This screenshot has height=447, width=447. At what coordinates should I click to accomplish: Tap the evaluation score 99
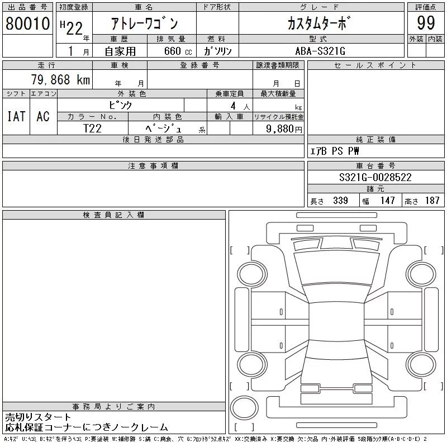[x=426, y=24]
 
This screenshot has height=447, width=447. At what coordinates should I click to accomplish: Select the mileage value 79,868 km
[x=60, y=80]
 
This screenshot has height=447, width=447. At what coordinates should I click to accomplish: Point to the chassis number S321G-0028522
[x=375, y=177]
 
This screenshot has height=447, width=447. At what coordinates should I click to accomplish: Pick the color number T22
[x=93, y=128]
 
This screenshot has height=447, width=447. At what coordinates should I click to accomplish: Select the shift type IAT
[x=16, y=116]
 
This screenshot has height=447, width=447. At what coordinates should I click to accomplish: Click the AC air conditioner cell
[x=43, y=116]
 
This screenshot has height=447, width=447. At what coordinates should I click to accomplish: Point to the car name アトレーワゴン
[x=144, y=24]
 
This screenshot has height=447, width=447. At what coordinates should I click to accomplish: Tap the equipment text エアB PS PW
[x=335, y=151]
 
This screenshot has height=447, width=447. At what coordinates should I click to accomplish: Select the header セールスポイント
[x=375, y=65]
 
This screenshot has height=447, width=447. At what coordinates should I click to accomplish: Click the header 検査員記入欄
[x=114, y=215]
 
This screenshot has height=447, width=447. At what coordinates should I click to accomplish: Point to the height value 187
[x=432, y=201]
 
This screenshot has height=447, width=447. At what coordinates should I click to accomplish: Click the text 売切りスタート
[x=39, y=417]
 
